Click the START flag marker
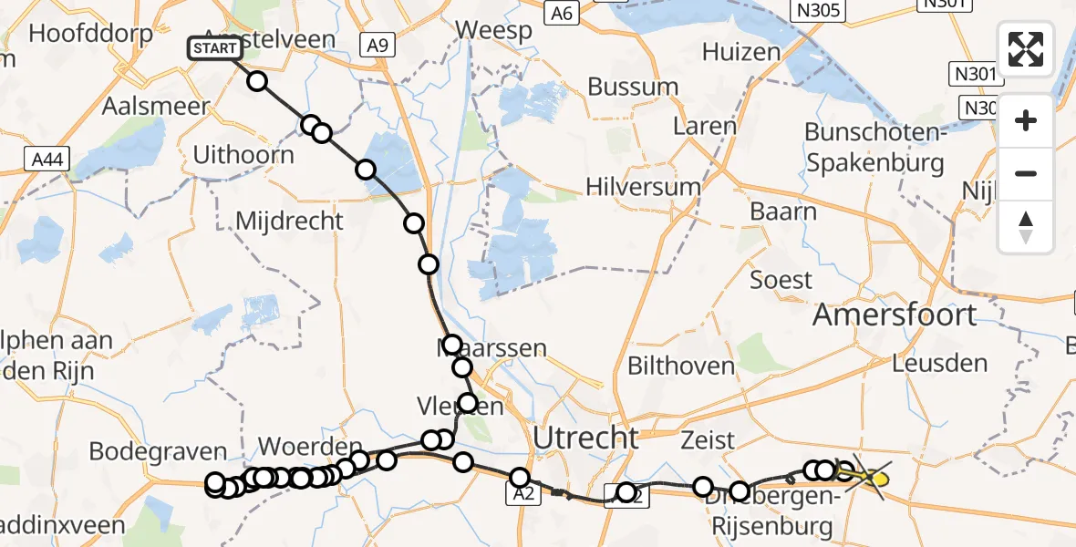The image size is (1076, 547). click(x=215, y=48)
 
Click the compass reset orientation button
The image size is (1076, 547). click(x=1026, y=227)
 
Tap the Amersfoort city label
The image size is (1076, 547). click(x=895, y=315)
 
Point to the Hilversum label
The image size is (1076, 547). click(x=644, y=187)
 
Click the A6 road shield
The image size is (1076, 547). click(x=562, y=13)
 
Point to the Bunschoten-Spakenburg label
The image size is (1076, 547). click(x=873, y=149)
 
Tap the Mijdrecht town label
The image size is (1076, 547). click(x=289, y=221)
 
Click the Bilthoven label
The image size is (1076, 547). click(x=680, y=366)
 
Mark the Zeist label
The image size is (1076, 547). click(x=708, y=440)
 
